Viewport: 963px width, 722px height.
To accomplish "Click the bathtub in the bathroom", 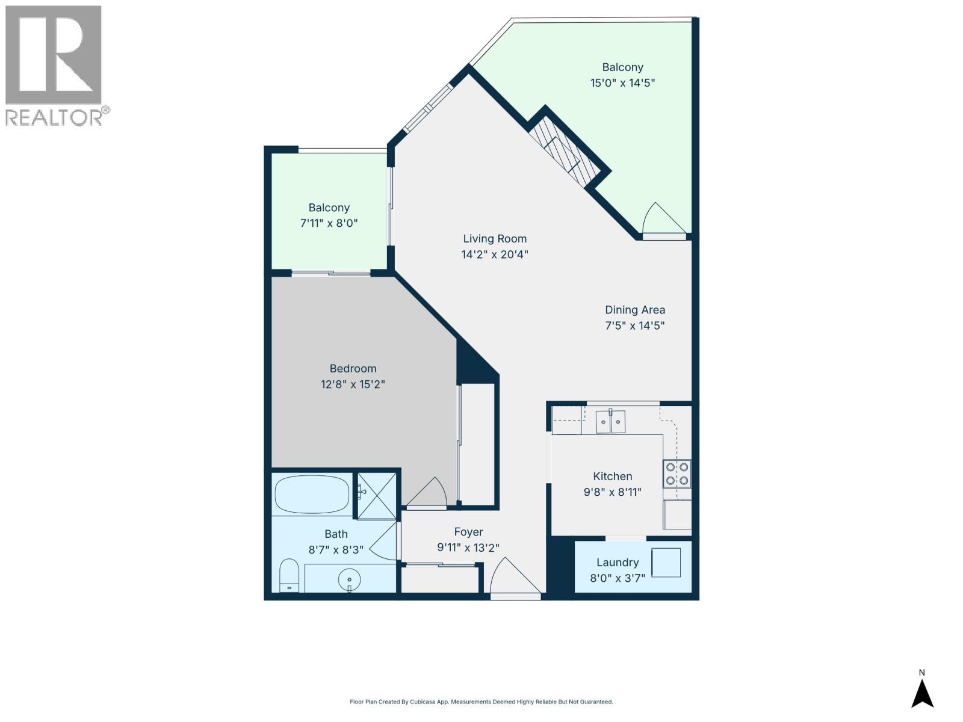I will click(x=312, y=493).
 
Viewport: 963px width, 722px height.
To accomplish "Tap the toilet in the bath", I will click(x=290, y=575).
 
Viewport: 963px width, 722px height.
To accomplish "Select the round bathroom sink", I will click(x=349, y=581).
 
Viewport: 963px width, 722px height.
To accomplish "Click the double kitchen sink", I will click(x=610, y=421).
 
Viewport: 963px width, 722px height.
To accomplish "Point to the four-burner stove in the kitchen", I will click(x=677, y=474).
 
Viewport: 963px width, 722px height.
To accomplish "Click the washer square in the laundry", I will click(x=666, y=562).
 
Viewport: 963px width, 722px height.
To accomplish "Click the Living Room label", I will click(x=495, y=239).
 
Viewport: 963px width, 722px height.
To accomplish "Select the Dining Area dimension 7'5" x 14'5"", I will click(x=635, y=326).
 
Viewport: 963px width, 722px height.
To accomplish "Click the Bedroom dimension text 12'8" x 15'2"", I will click(x=353, y=384).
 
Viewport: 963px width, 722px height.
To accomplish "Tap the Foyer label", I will click(x=468, y=532).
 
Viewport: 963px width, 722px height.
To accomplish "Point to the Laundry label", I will click(x=618, y=562).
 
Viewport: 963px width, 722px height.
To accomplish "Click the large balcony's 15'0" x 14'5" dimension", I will click(x=622, y=83).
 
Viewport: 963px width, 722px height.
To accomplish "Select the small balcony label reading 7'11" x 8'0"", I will click(x=329, y=223).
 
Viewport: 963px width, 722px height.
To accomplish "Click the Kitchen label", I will click(x=613, y=476).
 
